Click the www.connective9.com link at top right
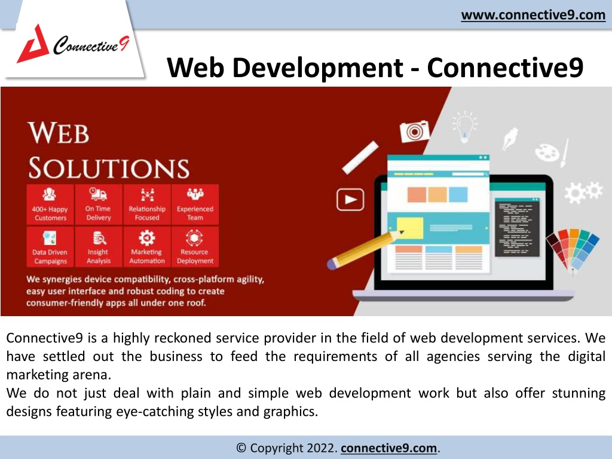(533, 15)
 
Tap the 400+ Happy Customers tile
(50, 204)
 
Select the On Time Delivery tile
(99, 204)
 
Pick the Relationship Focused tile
(147, 204)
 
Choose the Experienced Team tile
(195, 204)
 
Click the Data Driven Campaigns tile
(50, 247)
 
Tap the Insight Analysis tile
(99, 247)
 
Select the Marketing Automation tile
(147, 247)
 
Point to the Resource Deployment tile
(195, 247)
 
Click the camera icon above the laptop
(415, 131)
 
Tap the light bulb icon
(464, 126)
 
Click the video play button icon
(350, 200)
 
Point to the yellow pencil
(365, 250)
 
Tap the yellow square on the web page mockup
(410, 228)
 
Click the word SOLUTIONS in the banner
(109, 168)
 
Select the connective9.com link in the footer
(388, 448)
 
